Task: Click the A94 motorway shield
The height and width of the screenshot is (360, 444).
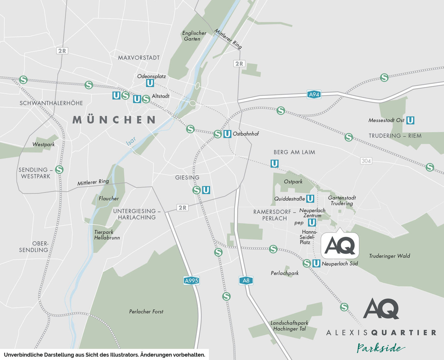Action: click(313, 95)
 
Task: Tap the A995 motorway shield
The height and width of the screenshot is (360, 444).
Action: click(191, 281)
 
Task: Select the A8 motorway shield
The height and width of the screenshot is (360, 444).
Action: click(246, 281)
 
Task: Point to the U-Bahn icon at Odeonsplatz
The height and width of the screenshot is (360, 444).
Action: click(150, 83)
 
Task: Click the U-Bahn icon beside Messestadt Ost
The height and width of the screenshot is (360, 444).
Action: click(410, 120)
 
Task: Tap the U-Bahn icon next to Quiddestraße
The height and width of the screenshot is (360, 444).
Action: click(310, 199)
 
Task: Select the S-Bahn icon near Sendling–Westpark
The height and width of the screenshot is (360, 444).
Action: click(59, 169)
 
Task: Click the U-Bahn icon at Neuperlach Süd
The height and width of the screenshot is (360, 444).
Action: click(316, 263)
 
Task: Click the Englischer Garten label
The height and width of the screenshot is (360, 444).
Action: click(194, 36)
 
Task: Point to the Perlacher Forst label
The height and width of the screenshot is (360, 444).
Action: click(146, 311)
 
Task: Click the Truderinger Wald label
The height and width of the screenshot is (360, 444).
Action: click(389, 256)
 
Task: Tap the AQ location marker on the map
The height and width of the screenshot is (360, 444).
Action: click(340, 245)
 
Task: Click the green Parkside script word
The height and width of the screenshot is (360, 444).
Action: click(380, 348)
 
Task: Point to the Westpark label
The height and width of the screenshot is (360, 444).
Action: click(43, 144)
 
